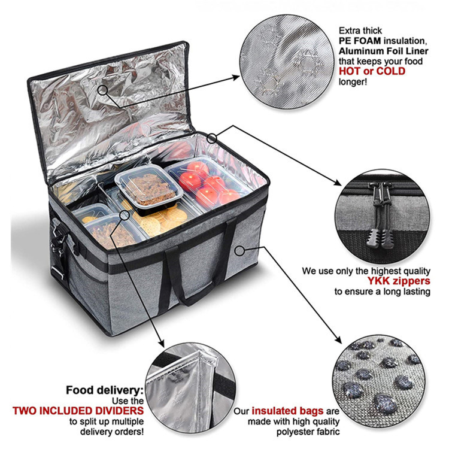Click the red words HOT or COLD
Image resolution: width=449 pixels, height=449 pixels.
[372, 71]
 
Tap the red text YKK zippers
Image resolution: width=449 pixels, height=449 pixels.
[399, 281]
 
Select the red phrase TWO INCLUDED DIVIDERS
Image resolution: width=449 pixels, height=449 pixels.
[78, 411]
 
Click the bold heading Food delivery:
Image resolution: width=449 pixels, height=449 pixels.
[105, 390]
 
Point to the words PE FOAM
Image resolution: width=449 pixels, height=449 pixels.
[360, 41]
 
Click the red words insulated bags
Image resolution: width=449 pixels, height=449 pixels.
[287, 411]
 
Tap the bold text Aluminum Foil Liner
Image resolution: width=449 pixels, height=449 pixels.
[383, 51]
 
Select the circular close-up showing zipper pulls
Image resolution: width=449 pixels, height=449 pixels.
[383, 217]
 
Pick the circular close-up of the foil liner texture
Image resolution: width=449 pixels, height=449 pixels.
[287, 62]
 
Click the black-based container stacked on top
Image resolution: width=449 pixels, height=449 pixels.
[149, 188]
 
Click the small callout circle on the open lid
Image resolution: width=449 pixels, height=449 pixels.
[102, 90]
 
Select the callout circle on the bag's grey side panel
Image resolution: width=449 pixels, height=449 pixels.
[240, 251]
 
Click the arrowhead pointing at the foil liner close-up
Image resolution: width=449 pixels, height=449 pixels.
[236, 77]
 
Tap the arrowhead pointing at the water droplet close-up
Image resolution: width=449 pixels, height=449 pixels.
[338, 339]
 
